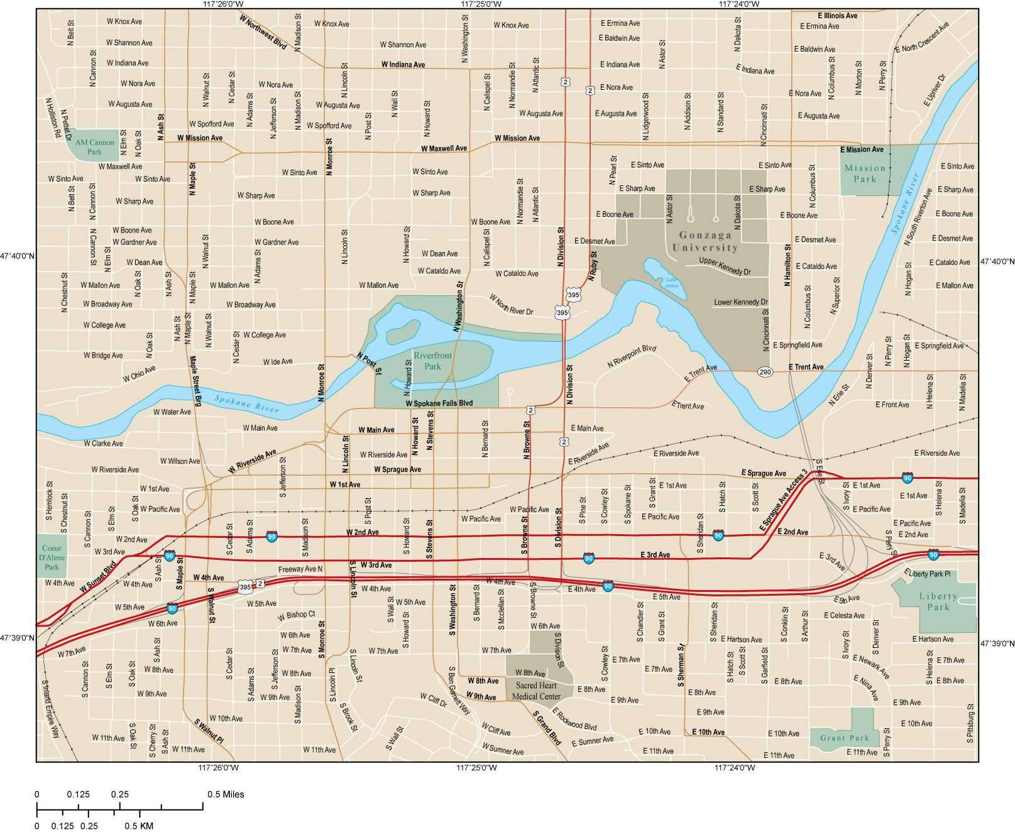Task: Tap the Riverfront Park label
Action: click(432, 361)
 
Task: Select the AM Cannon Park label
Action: click(94, 147)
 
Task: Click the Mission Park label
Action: click(865, 173)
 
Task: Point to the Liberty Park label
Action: click(938, 601)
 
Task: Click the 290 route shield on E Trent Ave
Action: click(765, 371)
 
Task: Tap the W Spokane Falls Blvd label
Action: click(439, 403)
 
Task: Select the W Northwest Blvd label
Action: click(263, 33)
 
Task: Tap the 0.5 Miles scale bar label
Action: click(226, 794)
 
